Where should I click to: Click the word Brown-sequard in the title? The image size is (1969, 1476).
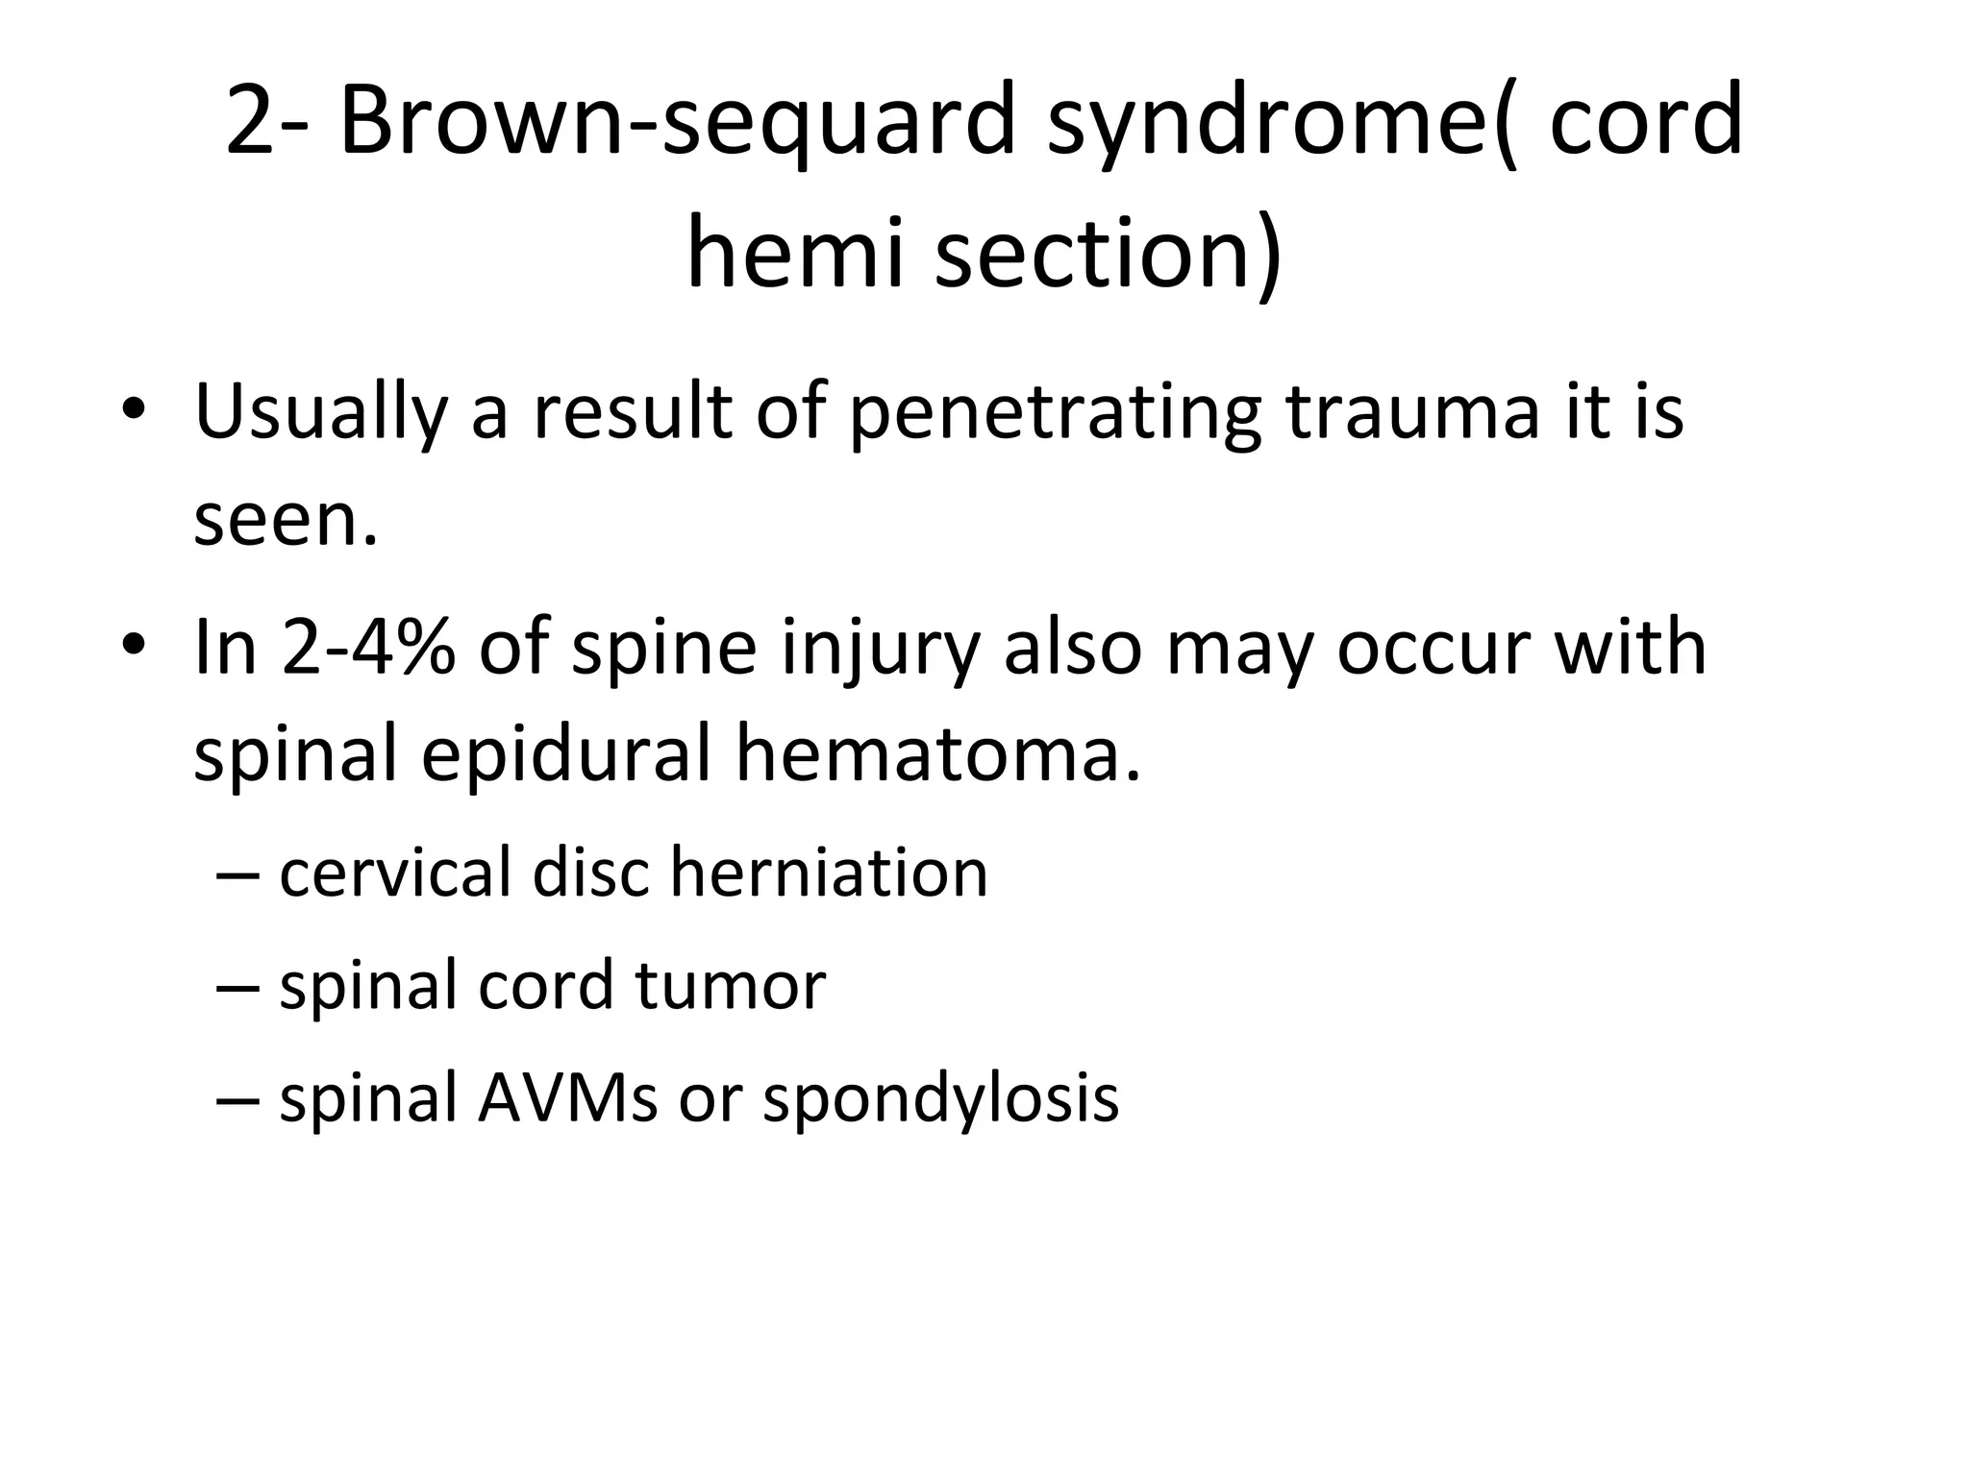(677, 121)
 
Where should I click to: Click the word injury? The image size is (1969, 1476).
(881, 650)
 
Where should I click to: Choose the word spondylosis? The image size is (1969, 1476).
(941, 1098)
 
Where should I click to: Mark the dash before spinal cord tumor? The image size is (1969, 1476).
(237, 987)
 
